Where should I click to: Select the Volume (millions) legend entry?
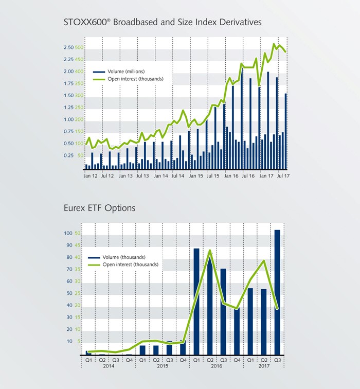click(x=126, y=71)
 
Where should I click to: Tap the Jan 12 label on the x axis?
click(x=91, y=176)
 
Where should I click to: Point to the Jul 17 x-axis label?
click(x=282, y=176)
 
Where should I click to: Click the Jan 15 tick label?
click(x=195, y=176)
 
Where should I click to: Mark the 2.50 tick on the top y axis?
click(x=68, y=48)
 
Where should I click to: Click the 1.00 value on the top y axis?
click(x=68, y=119)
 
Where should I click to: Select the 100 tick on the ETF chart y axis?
click(x=68, y=233)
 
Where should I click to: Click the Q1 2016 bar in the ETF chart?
click(x=196, y=302)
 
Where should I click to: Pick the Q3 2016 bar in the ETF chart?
click(x=223, y=312)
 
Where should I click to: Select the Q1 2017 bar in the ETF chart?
click(x=250, y=322)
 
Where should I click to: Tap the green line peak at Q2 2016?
click(x=210, y=251)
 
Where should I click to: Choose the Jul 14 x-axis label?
click(x=178, y=176)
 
